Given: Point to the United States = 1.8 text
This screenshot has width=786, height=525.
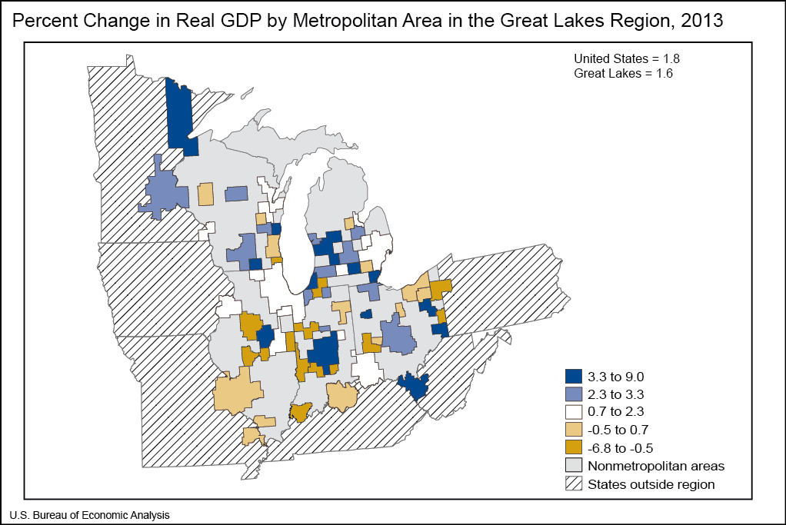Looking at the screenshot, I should coord(626,58).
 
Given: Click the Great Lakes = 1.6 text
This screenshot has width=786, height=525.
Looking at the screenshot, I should coord(623,73).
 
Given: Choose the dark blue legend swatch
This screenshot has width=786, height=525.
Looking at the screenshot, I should coord(573,377).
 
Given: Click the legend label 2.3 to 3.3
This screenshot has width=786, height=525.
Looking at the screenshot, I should coord(616,394).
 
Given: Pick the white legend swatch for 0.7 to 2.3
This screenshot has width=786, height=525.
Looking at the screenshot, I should coord(573,412).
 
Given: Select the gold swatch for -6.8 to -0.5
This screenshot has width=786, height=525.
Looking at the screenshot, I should coord(573,447).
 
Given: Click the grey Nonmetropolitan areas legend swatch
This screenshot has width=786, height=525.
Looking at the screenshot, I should coord(573,466).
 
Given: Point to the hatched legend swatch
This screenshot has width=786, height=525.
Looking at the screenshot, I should coord(573,483).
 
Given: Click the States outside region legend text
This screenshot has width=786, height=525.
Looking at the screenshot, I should coord(651,484).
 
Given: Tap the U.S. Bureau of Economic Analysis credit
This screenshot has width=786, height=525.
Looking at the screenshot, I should coord(89,514).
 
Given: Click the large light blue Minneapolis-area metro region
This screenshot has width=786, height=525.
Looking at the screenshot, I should coord(164,193).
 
